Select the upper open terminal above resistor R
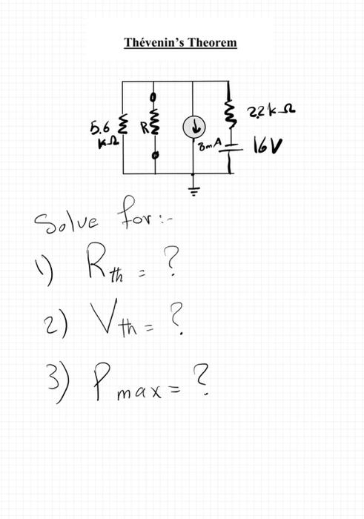[x=155, y=96]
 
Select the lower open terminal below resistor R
[x=156, y=156]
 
